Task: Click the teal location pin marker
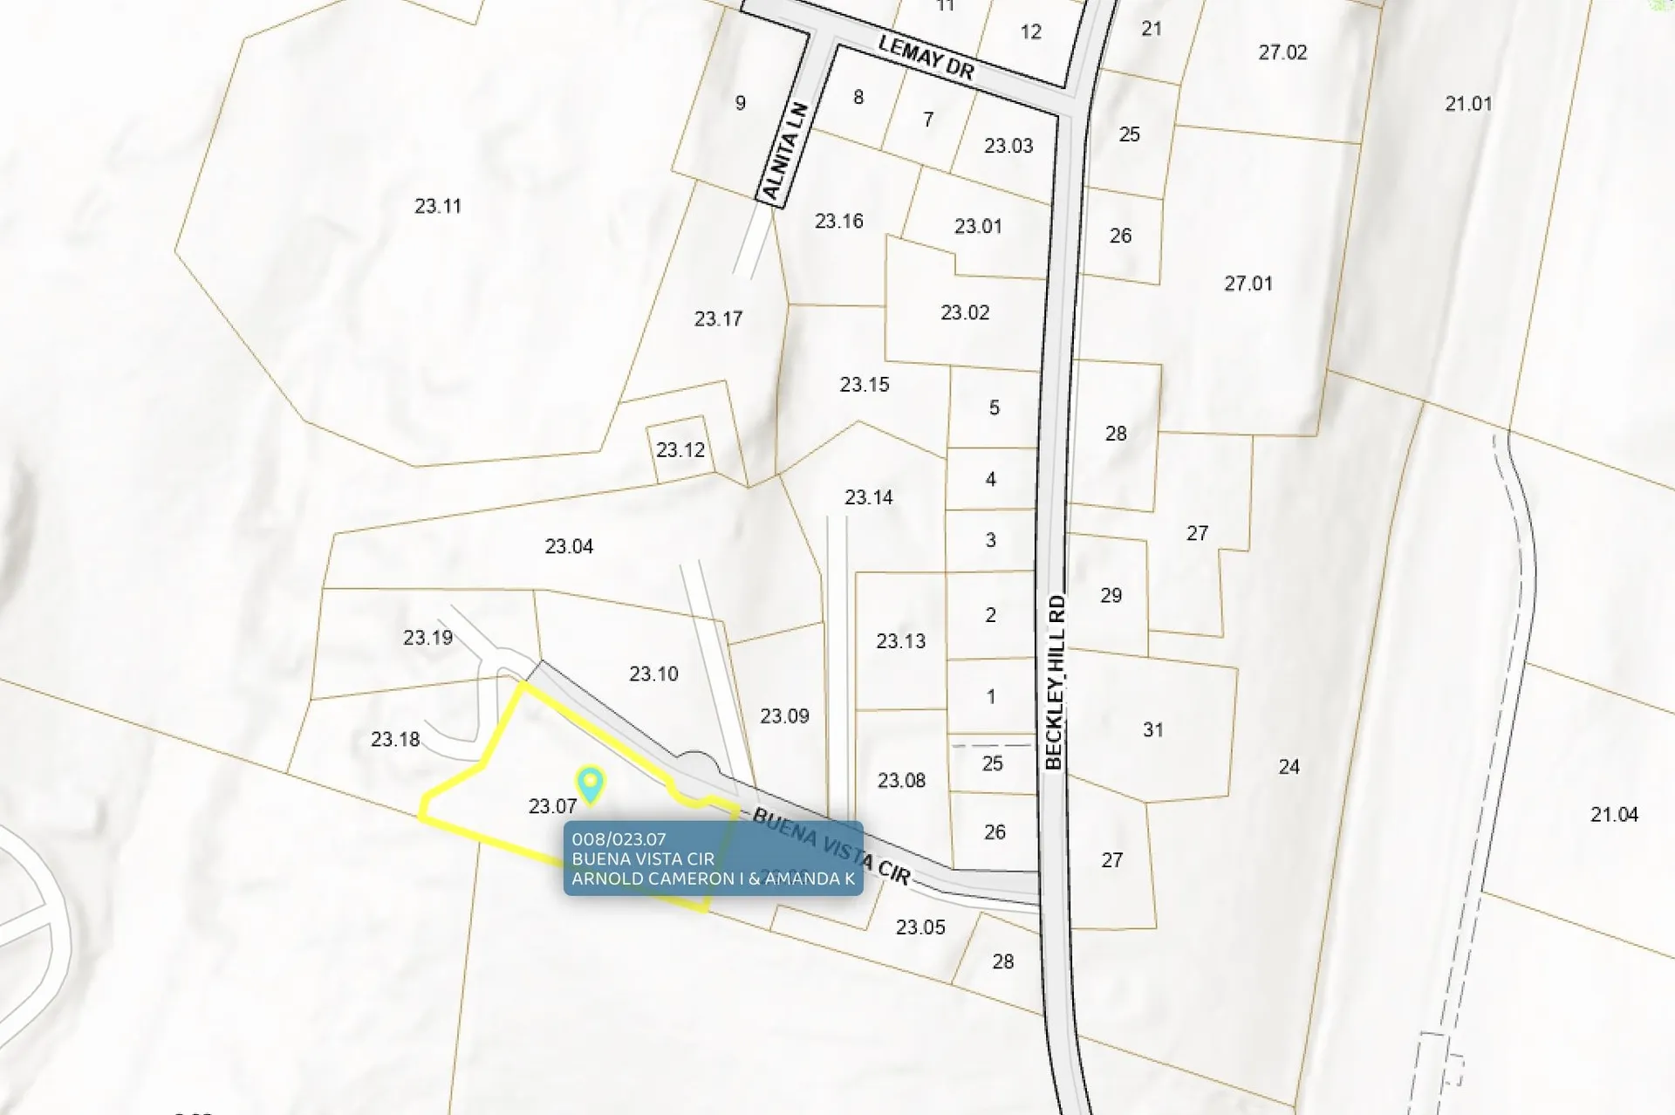pos(591,783)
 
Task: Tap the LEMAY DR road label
pos(925,58)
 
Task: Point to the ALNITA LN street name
pos(785,151)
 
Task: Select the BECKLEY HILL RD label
pos(1055,682)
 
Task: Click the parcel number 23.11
pos(437,206)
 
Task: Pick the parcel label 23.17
pos(718,318)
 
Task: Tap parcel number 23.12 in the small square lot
pos(680,449)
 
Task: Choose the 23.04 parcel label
pos(569,546)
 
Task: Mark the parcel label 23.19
pos(427,637)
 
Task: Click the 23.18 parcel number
pos(395,739)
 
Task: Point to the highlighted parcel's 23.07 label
pos(552,806)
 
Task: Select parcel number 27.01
pos(1248,283)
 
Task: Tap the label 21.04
pos(1614,814)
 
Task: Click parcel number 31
pos(1152,729)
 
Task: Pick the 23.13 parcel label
pos(900,640)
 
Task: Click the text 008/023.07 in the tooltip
pos(619,839)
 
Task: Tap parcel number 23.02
pos(964,312)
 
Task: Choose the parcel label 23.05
pos(920,927)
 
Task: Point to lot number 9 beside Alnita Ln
pos(740,103)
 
